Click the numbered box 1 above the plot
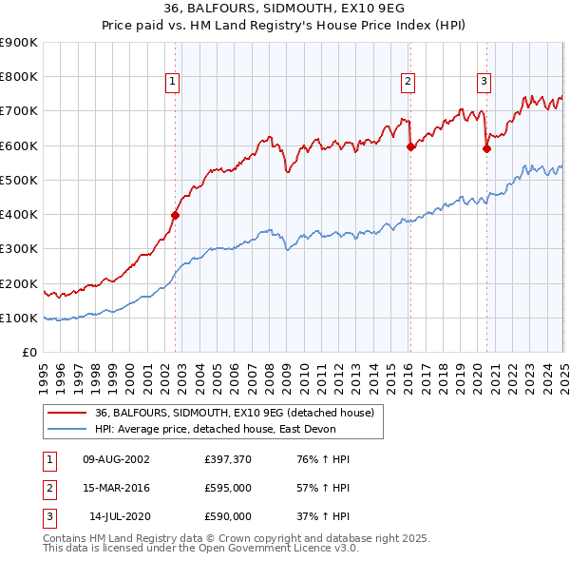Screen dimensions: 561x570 click(173, 82)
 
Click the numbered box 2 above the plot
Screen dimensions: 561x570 click(408, 82)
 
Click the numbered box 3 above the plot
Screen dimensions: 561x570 click(484, 82)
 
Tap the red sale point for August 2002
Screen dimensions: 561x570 click(176, 215)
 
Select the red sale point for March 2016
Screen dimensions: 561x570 click(410, 146)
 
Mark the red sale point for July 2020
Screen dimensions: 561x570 click(486, 148)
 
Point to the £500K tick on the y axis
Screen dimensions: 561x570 click(19, 180)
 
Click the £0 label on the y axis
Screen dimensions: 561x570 click(29, 353)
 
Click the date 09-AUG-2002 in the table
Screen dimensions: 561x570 click(117, 459)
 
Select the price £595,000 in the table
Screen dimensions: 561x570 click(228, 488)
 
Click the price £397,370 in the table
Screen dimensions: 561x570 click(228, 459)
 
